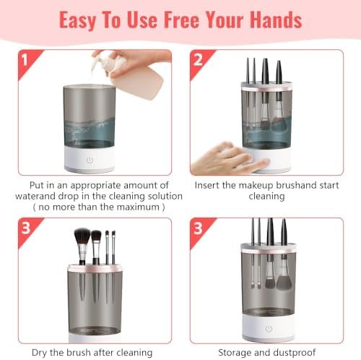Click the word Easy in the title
(80, 19)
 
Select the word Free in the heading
(177, 19)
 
